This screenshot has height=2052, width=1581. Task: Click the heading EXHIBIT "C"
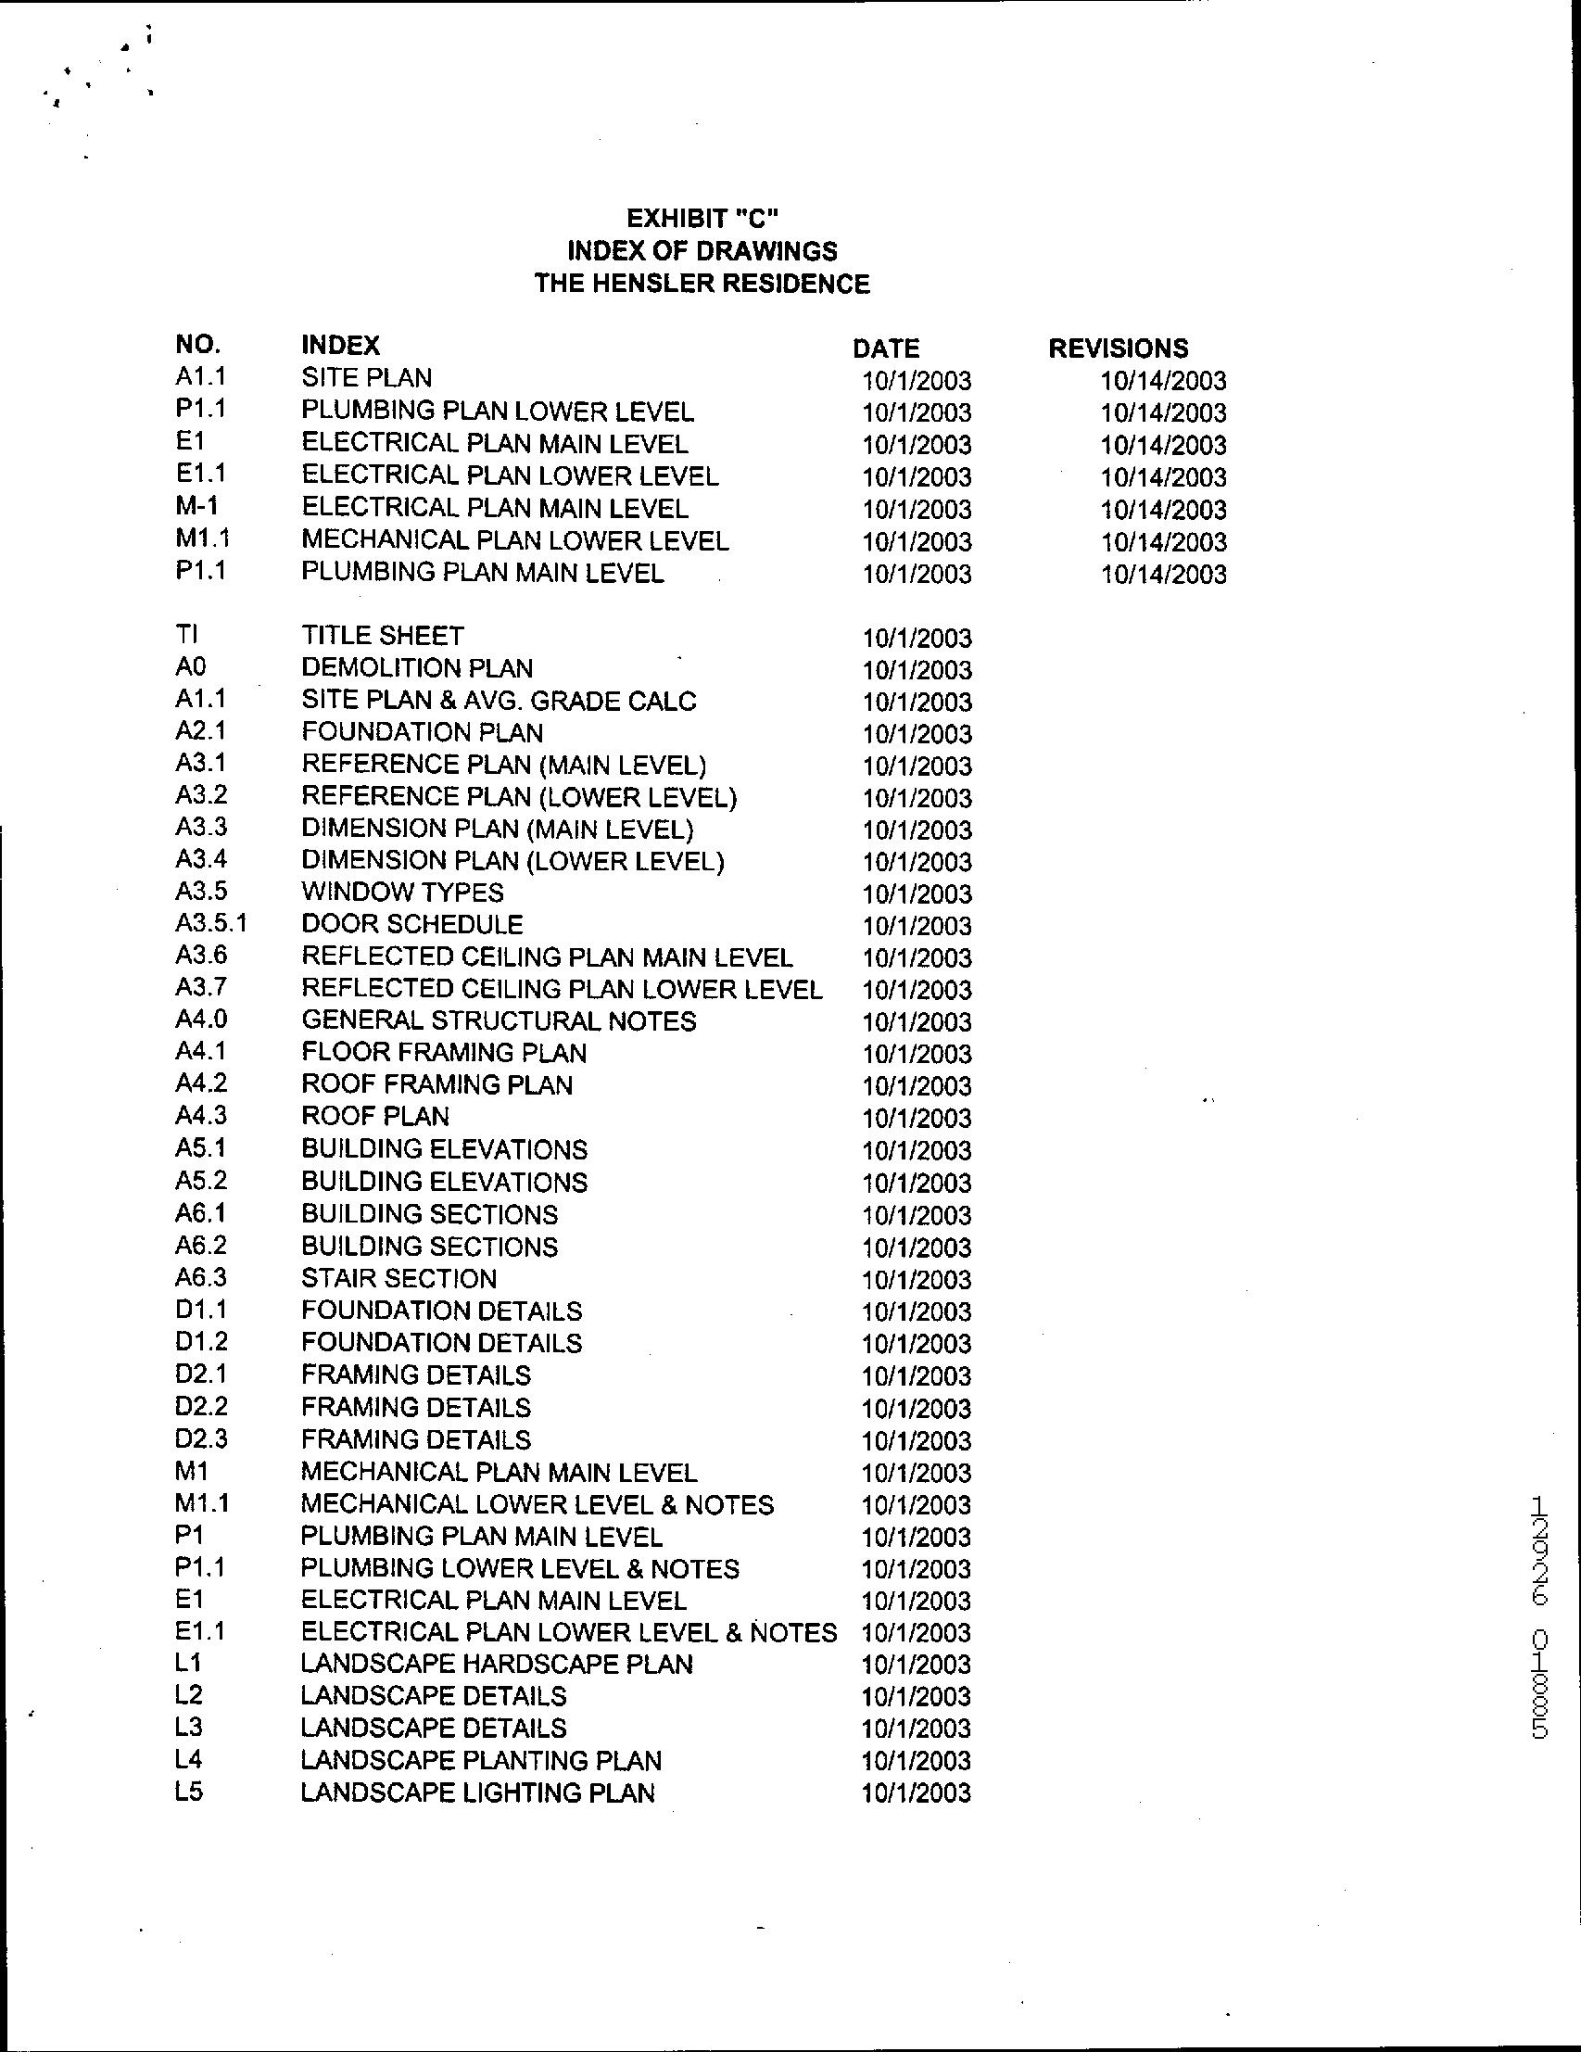(x=702, y=218)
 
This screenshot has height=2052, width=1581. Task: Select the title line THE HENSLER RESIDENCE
(x=702, y=283)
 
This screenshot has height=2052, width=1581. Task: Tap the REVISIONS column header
(x=1118, y=348)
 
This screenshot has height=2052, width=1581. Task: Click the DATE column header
(x=885, y=348)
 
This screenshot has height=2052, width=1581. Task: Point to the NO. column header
(x=197, y=344)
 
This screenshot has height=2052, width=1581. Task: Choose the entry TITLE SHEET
(x=383, y=636)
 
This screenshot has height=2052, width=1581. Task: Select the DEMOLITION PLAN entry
(x=416, y=668)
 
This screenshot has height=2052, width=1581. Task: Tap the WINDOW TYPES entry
(x=402, y=892)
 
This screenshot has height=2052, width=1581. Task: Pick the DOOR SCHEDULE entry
(x=411, y=924)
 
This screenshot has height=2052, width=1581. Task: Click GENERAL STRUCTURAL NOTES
(x=499, y=1020)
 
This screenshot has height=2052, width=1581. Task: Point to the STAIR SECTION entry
(x=398, y=1278)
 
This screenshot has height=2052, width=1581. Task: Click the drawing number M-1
(x=196, y=506)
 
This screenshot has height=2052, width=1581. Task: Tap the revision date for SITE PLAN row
(x=1163, y=381)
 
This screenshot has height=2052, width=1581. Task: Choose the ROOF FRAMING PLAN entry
(x=436, y=1084)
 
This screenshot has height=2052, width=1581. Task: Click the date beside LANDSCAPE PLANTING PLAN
(x=916, y=1761)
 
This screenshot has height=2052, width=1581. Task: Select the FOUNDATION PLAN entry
(x=422, y=732)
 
